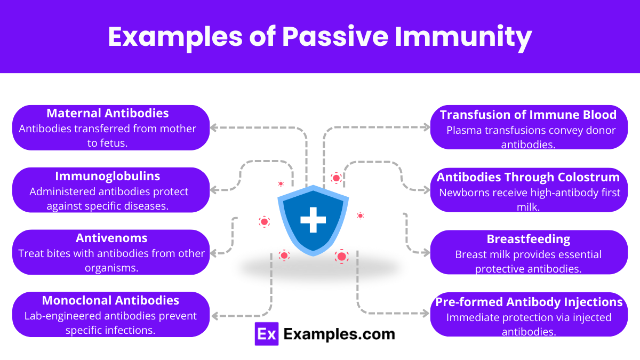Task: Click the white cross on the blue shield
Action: pyautogui.click(x=313, y=220)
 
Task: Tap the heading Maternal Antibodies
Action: pyautogui.click(x=107, y=113)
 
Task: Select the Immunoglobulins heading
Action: pyautogui.click(x=107, y=176)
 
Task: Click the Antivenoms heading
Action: pyautogui.click(x=111, y=238)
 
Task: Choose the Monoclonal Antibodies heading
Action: pyautogui.click(x=110, y=300)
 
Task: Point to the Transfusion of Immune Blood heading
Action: pyautogui.click(x=528, y=115)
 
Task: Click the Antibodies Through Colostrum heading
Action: pyautogui.click(x=528, y=177)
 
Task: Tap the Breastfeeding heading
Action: pyautogui.click(x=528, y=239)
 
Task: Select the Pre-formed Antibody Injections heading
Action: pyautogui.click(x=529, y=302)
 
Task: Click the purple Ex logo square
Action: pyautogui.click(x=267, y=334)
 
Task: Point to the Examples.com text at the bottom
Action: pyautogui.click(x=339, y=334)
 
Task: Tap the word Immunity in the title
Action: pyautogui.click(x=470, y=37)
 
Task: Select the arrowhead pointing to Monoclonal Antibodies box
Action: pyautogui.click(x=215, y=316)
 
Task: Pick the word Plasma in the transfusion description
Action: pyautogui.click(x=463, y=131)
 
